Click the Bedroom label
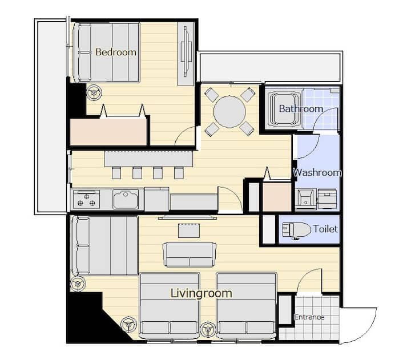tap(116, 52)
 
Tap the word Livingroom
tap(202, 293)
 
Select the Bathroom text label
tap(301, 108)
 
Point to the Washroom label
tap(317, 172)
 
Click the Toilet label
tap(325, 229)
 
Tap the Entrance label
tap(309, 317)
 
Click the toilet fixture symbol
tap(296, 230)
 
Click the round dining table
tap(229, 112)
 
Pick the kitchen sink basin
tap(126, 200)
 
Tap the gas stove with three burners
tap(86, 200)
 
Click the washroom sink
tap(305, 199)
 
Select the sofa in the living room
tap(190, 254)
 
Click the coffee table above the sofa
tap(189, 230)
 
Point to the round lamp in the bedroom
tap(94, 92)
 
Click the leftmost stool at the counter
tap(116, 173)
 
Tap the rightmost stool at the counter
tap(179, 173)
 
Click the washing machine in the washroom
tap(327, 199)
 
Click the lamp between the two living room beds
tap(208, 329)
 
